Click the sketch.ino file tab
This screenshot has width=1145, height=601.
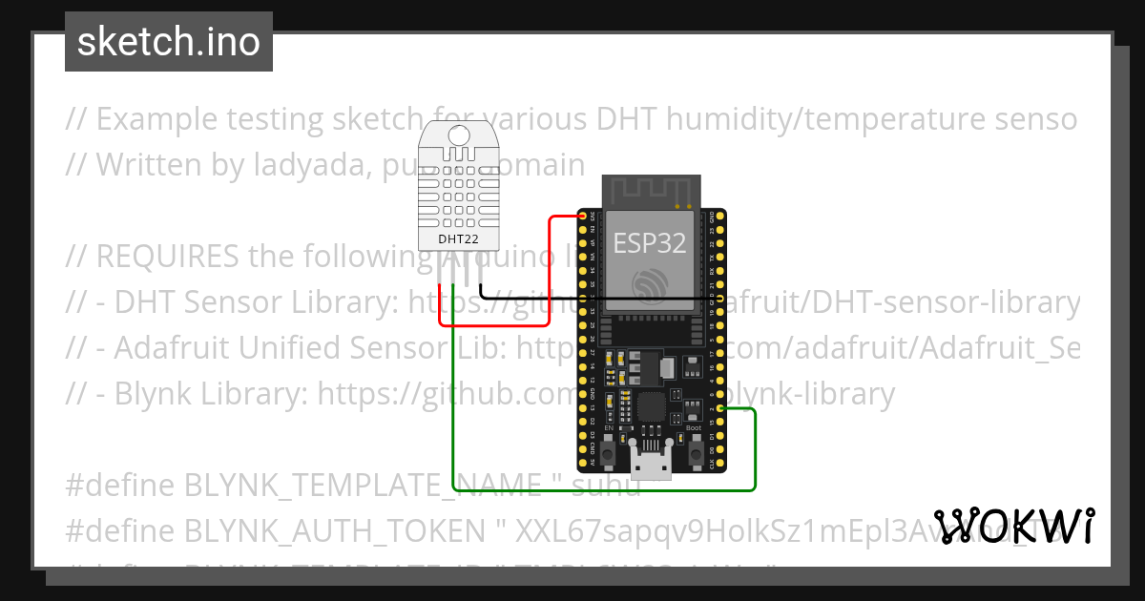(169, 42)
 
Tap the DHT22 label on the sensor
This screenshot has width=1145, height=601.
(458, 238)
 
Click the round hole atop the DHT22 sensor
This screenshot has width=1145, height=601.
(459, 134)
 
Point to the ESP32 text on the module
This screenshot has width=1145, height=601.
(649, 243)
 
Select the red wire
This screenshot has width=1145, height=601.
(551, 277)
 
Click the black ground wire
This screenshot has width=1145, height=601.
(534, 298)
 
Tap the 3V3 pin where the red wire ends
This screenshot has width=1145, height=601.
(583, 218)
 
